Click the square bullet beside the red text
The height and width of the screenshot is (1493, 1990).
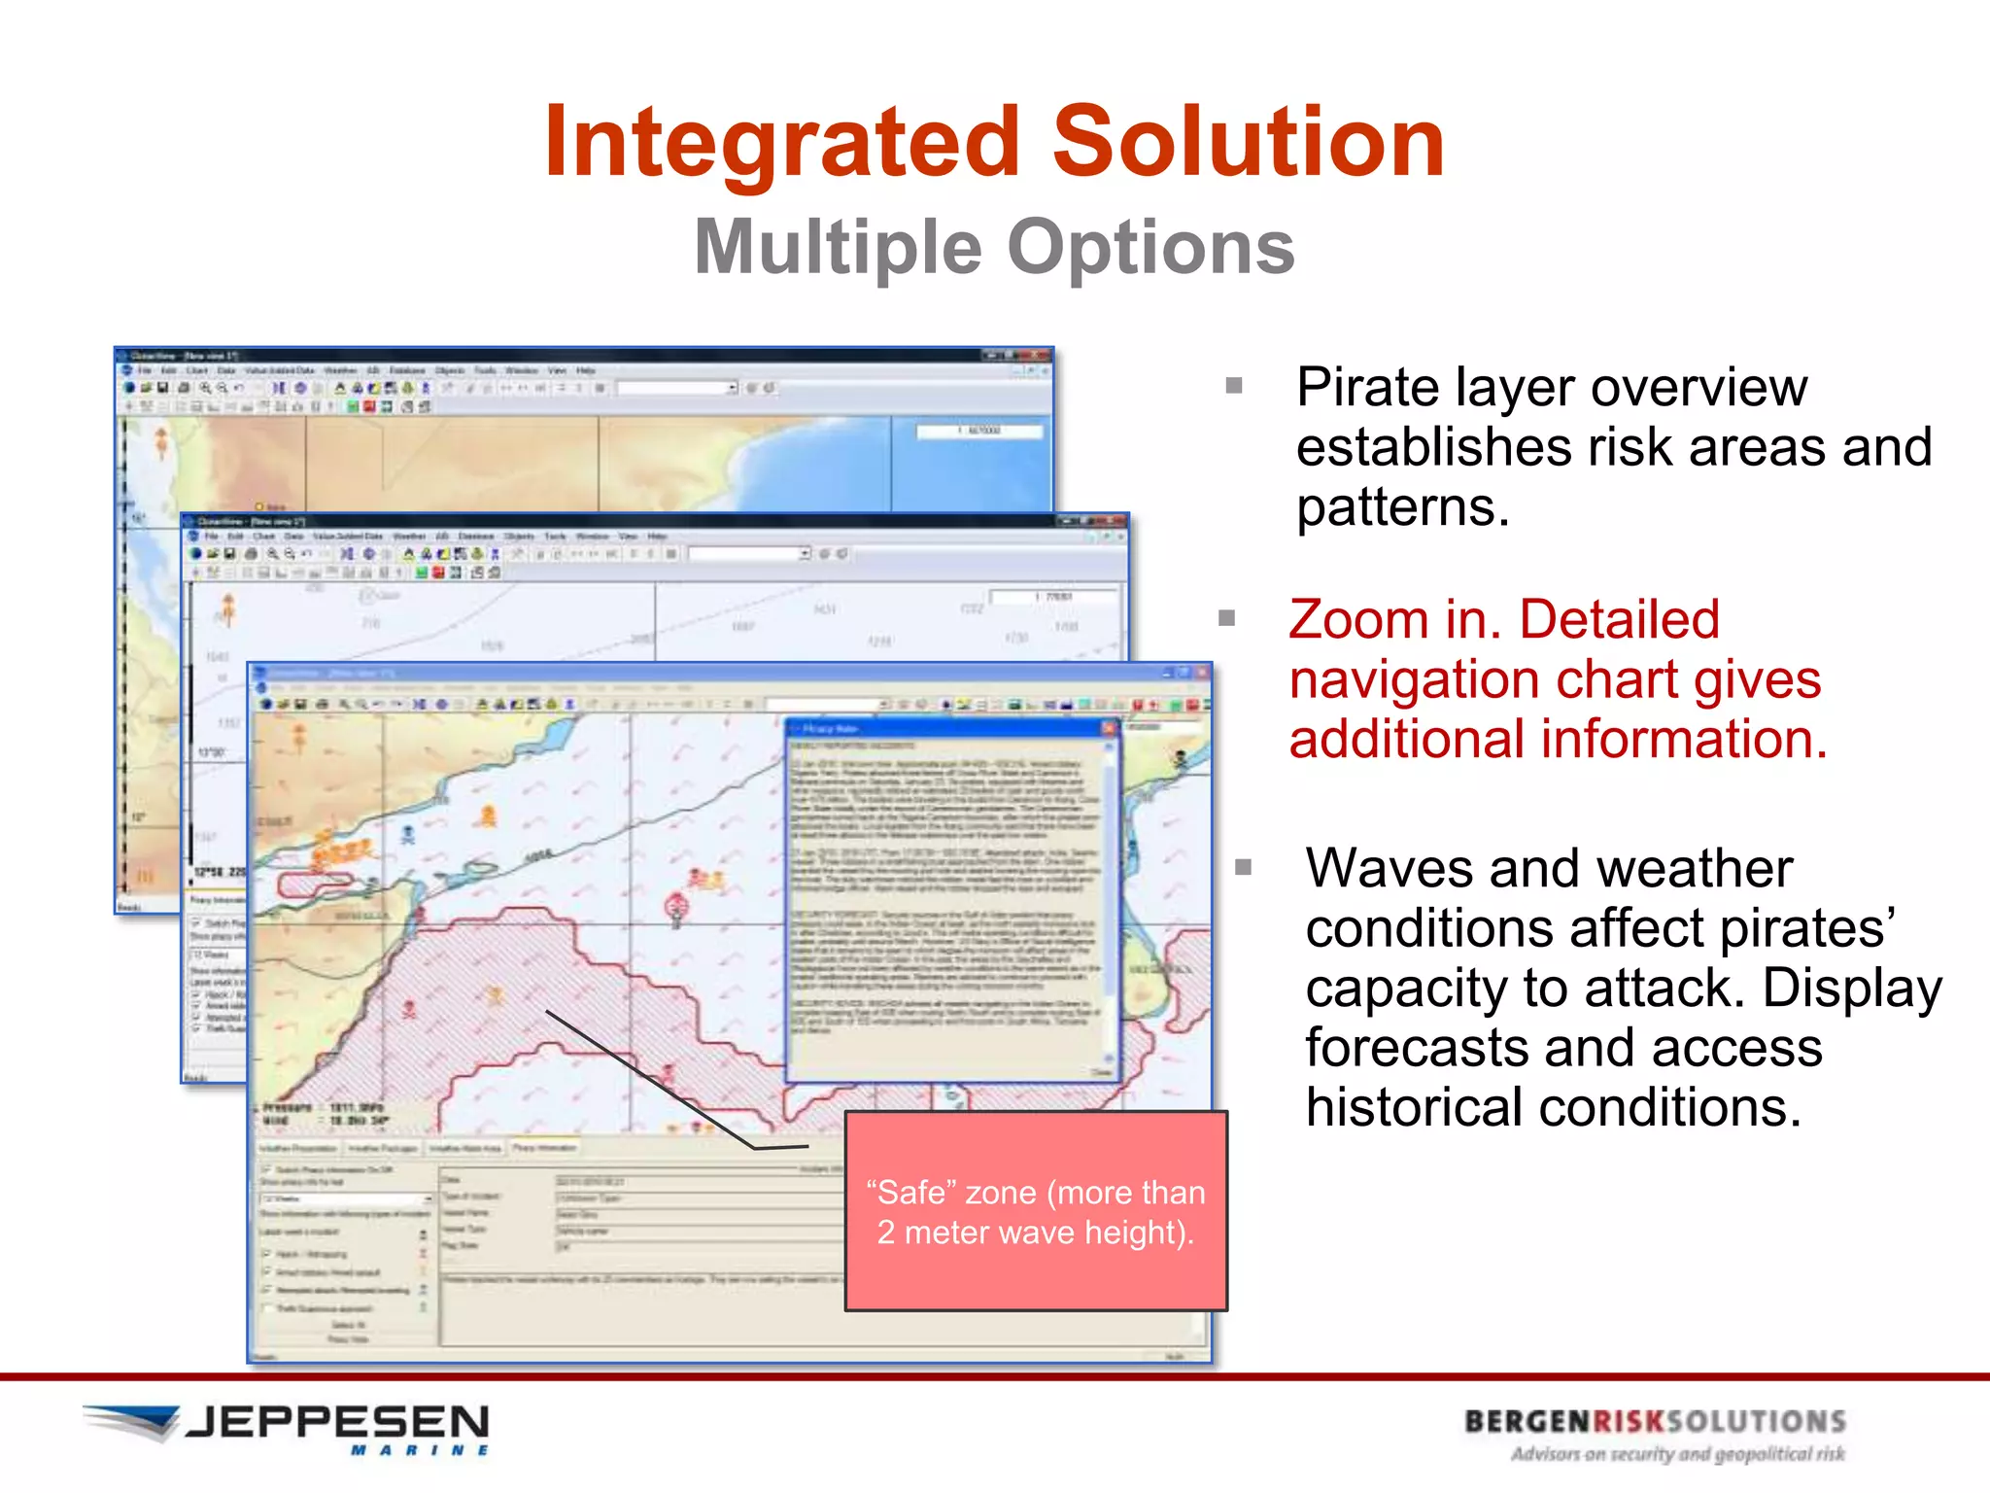[x=1227, y=618]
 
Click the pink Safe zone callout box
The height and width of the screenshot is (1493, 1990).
[x=1036, y=1211]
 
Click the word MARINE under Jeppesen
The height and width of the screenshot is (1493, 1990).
[x=420, y=1451]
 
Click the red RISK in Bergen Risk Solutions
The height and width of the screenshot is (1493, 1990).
[x=1629, y=1422]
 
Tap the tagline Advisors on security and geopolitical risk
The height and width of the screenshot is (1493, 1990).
[x=1677, y=1455]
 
